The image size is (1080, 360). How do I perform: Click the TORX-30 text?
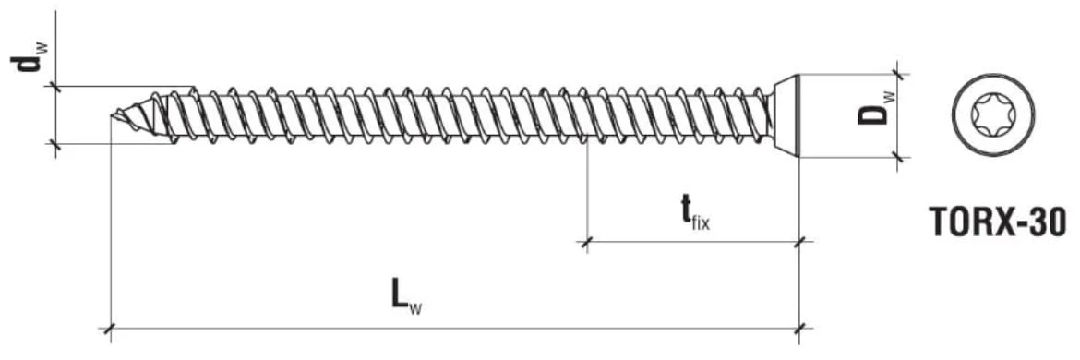[997, 222]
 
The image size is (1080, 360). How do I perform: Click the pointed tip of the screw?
[112, 115]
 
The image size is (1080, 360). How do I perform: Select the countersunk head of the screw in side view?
[783, 115]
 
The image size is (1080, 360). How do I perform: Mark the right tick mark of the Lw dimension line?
[799, 329]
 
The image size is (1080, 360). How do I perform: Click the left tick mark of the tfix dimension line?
[586, 242]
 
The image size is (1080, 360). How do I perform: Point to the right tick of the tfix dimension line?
[799, 242]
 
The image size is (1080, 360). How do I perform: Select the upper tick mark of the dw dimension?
[55, 87]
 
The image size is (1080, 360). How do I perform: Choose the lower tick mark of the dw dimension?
[55, 144]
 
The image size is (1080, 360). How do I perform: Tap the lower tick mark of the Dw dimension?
[896, 158]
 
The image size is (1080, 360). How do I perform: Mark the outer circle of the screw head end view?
[992, 75]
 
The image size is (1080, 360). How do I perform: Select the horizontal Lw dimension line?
[454, 329]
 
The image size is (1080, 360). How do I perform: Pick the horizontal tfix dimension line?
[692, 242]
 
